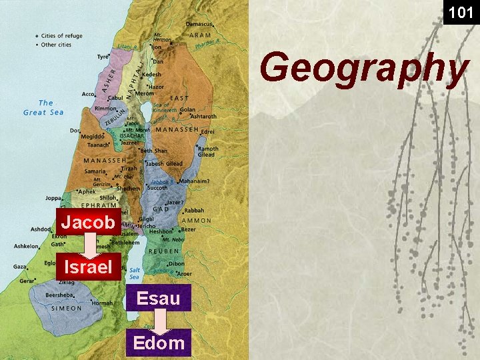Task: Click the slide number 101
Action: click(461, 12)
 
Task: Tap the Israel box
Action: click(88, 268)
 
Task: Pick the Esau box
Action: click(158, 298)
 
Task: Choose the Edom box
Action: click(158, 343)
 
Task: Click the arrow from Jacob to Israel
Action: click(88, 245)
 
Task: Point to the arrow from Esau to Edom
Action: click(159, 321)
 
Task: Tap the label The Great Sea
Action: click(43, 107)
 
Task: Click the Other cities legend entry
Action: click(58, 45)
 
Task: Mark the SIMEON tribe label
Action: click(67, 309)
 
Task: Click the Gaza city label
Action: click(21, 267)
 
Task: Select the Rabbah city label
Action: click(194, 211)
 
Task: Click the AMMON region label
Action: click(197, 221)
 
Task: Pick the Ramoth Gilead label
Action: click(207, 151)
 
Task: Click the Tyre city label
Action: click(103, 57)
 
